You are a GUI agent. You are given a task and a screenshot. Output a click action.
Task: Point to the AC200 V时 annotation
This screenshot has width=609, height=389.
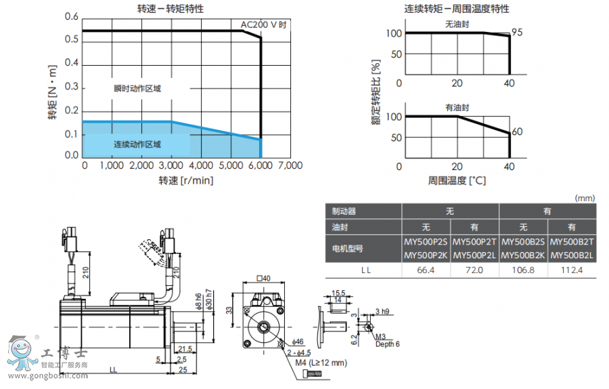point(264,24)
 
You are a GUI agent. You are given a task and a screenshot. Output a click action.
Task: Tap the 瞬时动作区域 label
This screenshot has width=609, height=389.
point(137,88)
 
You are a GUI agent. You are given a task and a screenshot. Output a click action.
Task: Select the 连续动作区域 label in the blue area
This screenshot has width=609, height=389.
point(137,144)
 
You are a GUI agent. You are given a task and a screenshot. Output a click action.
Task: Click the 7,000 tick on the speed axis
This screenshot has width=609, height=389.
point(290,165)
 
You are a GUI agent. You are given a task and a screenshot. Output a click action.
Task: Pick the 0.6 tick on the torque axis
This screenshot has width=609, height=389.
point(71,16)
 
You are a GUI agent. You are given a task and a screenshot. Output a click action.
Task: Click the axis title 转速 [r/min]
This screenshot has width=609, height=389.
point(185,181)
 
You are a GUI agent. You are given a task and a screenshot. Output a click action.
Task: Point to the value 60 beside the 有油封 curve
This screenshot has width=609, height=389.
point(517,132)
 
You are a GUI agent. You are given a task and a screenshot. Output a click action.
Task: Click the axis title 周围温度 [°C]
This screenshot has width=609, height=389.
point(457,181)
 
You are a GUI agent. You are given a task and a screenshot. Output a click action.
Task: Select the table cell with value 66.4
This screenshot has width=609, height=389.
point(426,270)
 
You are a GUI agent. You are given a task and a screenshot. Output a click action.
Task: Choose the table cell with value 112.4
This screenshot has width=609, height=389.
point(572,270)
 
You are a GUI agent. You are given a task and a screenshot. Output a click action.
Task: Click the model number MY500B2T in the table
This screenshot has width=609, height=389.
point(572,242)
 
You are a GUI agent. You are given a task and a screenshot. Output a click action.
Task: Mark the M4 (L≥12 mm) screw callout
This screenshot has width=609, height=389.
point(321,362)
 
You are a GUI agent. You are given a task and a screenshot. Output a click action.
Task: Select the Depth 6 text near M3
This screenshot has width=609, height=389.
point(388,344)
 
